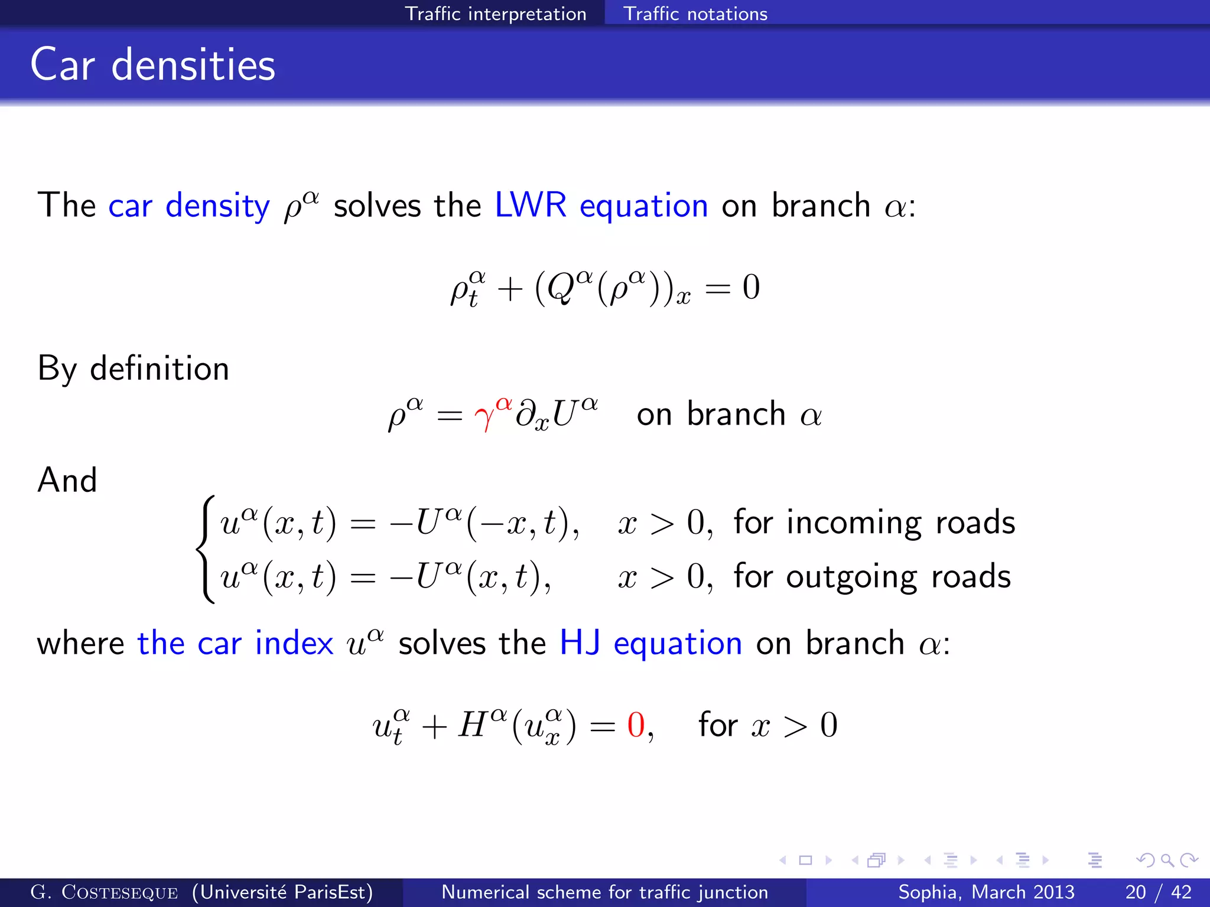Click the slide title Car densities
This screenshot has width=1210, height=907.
tap(152, 65)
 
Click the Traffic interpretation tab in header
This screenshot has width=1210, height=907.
tap(495, 13)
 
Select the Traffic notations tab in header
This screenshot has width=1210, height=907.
tap(695, 13)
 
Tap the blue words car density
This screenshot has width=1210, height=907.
tap(188, 206)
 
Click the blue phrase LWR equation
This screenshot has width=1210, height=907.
tap(601, 206)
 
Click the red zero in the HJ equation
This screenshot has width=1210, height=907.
tap(636, 725)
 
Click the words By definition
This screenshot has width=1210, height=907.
tap(133, 369)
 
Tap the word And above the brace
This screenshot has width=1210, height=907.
tap(67, 479)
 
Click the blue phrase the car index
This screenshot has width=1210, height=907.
tap(235, 643)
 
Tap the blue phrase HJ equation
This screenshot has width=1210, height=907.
tap(650, 643)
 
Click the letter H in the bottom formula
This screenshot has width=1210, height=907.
tap(473, 725)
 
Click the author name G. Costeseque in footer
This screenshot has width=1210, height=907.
tap(104, 892)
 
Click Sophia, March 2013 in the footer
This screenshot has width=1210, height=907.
tap(986, 892)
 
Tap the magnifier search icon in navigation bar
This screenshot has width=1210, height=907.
tap(1167, 860)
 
